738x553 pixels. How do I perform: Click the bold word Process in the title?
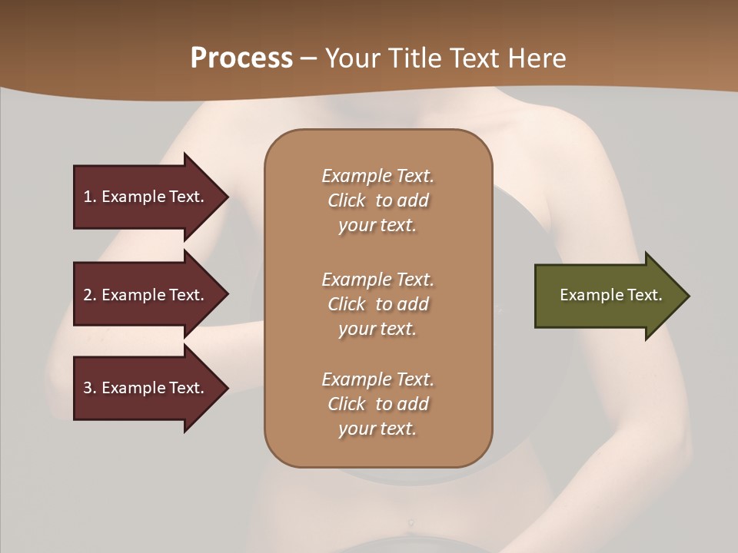241,58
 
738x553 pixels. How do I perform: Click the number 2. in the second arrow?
89,295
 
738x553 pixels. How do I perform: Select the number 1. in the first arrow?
89,197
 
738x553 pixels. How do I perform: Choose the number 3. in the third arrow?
89,388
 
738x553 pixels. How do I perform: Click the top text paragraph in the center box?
377,200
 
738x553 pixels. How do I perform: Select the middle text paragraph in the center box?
377,304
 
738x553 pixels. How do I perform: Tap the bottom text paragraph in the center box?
377,404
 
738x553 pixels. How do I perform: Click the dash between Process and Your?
308,58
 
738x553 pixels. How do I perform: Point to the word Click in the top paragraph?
347,200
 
